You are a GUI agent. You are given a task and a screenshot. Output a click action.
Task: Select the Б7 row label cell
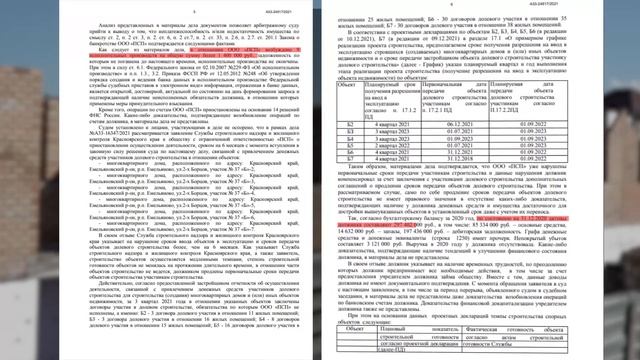(346, 157)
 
